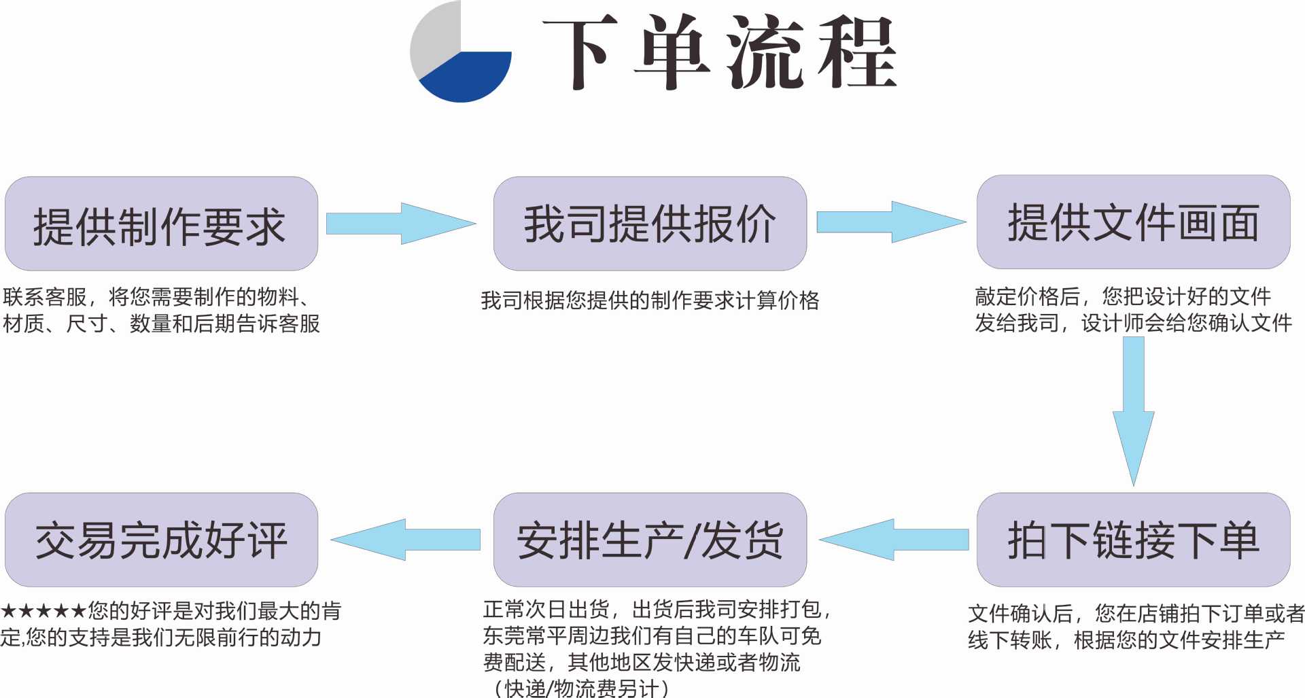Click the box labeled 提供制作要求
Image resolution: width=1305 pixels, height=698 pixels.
click(x=161, y=224)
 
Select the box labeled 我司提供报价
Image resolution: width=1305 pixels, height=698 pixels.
click(x=650, y=224)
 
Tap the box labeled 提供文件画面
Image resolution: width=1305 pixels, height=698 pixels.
click(x=1133, y=222)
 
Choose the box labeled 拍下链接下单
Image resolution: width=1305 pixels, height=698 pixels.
click(x=1133, y=540)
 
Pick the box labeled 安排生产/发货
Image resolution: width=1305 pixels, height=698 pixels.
click(x=650, y=540)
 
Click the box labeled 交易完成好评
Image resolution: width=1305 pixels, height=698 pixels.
click(x=161, y=540)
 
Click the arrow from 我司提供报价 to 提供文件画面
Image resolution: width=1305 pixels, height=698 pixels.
click(x=890, y=222)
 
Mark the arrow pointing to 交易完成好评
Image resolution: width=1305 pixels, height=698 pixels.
click(x=406, y=540)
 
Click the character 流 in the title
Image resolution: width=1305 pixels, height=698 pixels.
click(x=765, y=53)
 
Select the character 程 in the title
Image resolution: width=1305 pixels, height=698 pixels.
click(x=858, y=53)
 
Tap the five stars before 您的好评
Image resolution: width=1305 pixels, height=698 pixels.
click(x=43, y=611)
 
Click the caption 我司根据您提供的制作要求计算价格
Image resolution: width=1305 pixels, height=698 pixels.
click(x=650, y=300)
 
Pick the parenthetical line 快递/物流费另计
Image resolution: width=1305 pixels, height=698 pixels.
click(x=582, y=688)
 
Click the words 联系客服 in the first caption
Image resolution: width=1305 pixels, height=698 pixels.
click(x=45, y=297)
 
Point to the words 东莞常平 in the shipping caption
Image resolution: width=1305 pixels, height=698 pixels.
click(x=525, y=636)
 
